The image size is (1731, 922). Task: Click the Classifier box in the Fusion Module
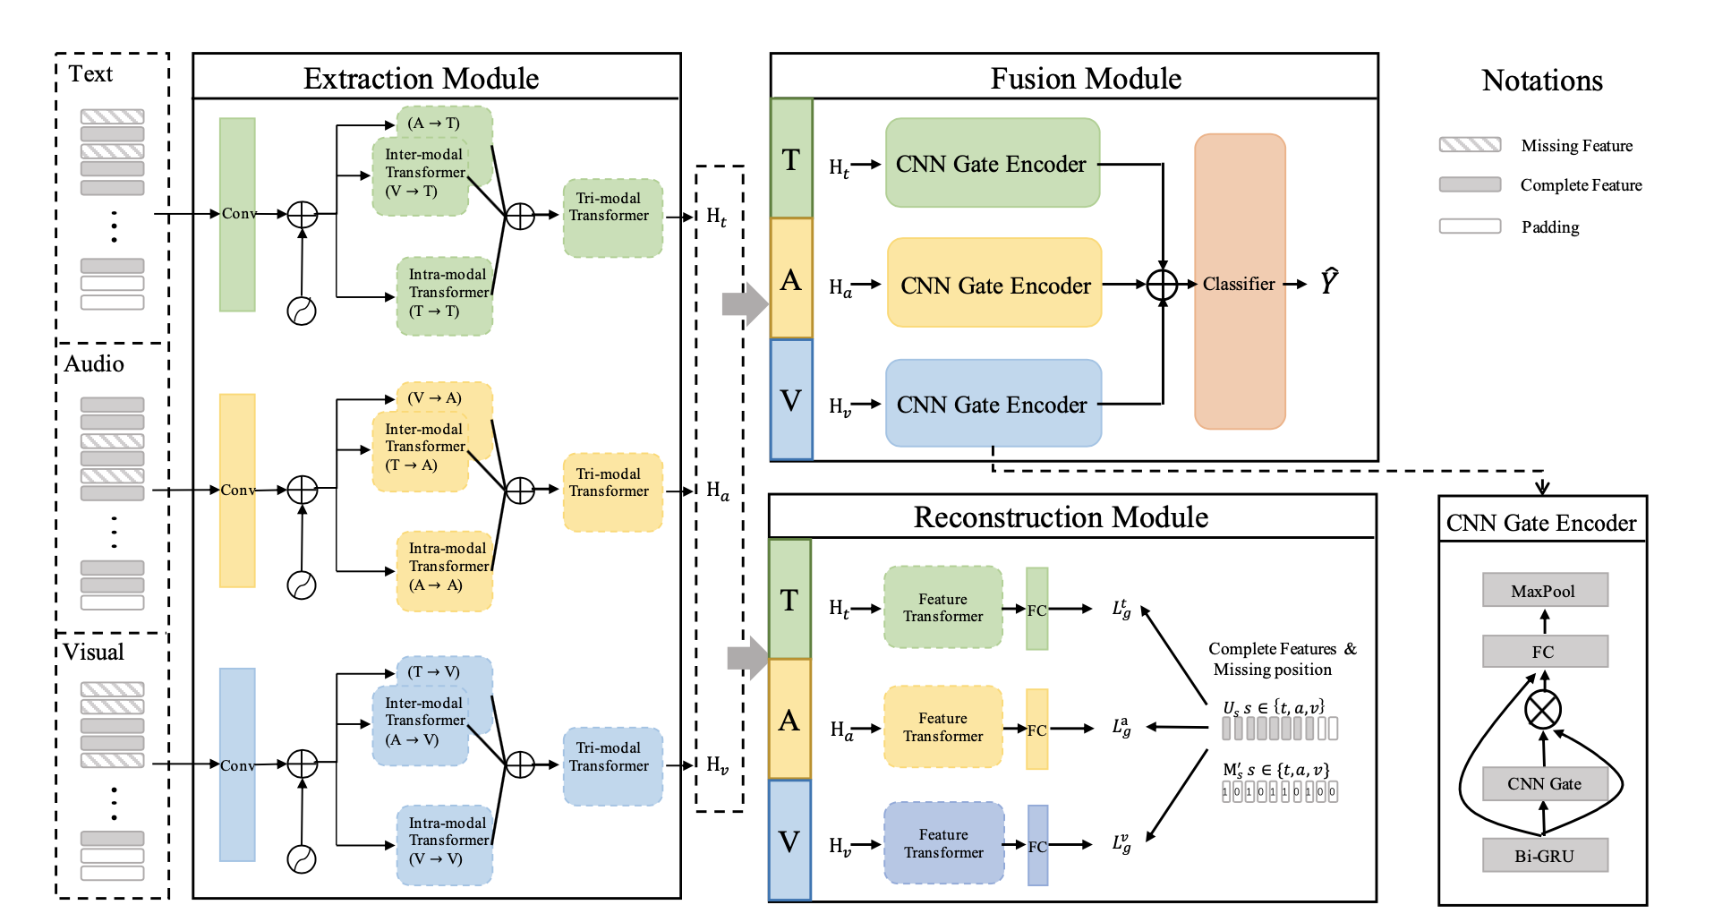click(x=1240, y=282)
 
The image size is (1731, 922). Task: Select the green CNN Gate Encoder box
click(x=992, y=163)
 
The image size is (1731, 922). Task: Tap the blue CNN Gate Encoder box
click(x=993, y=404)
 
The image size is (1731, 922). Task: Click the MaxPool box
click(x=1544, y=590)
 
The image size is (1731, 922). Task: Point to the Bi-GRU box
click(x=1544, y=855)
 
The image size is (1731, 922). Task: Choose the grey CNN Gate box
click(x=1544, y=783)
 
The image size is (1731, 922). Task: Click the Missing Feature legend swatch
click(x=1470, y=145)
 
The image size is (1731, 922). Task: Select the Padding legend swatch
click(x=1470, y=226)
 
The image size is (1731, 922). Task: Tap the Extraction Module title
click(x=421, y=78)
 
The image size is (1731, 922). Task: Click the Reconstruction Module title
click(x=1061, y=516)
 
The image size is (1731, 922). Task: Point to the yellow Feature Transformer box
click(x=943, y=727)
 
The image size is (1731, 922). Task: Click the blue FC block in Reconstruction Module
click(x=1037, y=845)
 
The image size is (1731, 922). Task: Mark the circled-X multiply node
click(x=1543, y=710)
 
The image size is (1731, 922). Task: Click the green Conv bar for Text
click(x=237, y=215)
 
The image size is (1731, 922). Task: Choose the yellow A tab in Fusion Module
click(x=791, y=278)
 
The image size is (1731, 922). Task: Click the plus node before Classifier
click(x=1162, y=285)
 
